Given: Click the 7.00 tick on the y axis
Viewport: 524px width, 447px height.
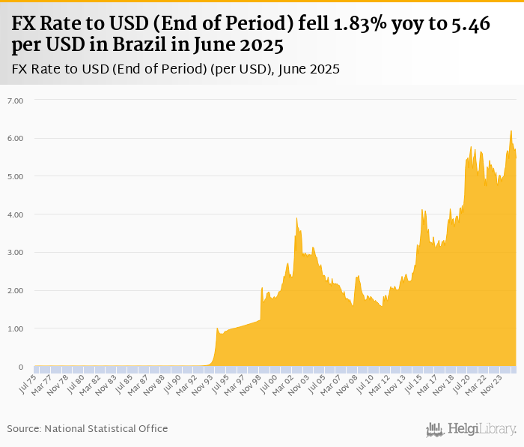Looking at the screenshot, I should point(16,100).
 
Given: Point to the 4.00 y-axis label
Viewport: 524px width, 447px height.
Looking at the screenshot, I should point(16,214).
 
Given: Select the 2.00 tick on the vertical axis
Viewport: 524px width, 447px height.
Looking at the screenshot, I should point(16,290).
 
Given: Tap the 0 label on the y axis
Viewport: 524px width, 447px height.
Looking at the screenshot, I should point(21,367).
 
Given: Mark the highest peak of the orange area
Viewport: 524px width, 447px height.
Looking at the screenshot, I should point(511,131).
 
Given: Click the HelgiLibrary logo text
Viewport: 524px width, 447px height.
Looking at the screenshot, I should point(482,429).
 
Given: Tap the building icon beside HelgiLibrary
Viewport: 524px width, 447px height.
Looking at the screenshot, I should point(435,429).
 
